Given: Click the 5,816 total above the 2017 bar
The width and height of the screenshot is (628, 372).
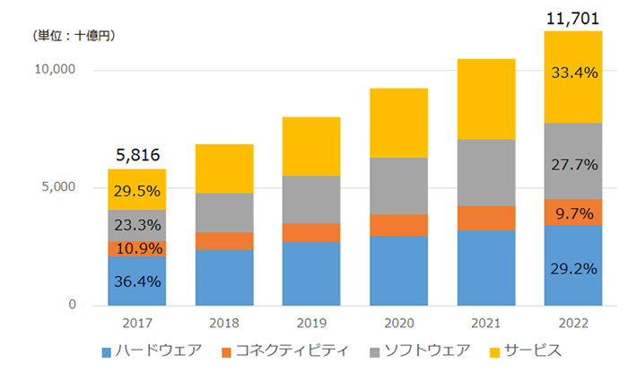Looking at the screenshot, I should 136,154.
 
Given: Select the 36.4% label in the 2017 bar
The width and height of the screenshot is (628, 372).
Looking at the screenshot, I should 136,281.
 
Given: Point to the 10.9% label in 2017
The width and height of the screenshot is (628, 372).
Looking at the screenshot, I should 136,248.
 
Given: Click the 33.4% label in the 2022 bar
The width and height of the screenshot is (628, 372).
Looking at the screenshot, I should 571,74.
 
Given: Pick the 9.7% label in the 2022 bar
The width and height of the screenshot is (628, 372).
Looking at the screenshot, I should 571,213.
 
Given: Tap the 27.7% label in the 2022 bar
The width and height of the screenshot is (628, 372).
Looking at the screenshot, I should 571,164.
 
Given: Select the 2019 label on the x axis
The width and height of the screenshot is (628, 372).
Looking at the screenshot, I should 310,322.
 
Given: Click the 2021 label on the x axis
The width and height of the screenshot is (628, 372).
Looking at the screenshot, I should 484,322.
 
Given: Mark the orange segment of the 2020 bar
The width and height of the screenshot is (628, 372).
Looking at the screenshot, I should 397,225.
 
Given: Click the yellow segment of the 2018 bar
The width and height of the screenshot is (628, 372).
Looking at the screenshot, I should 223,169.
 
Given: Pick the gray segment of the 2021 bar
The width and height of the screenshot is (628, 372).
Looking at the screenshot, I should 484,172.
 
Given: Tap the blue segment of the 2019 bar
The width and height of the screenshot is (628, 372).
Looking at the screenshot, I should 310,273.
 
